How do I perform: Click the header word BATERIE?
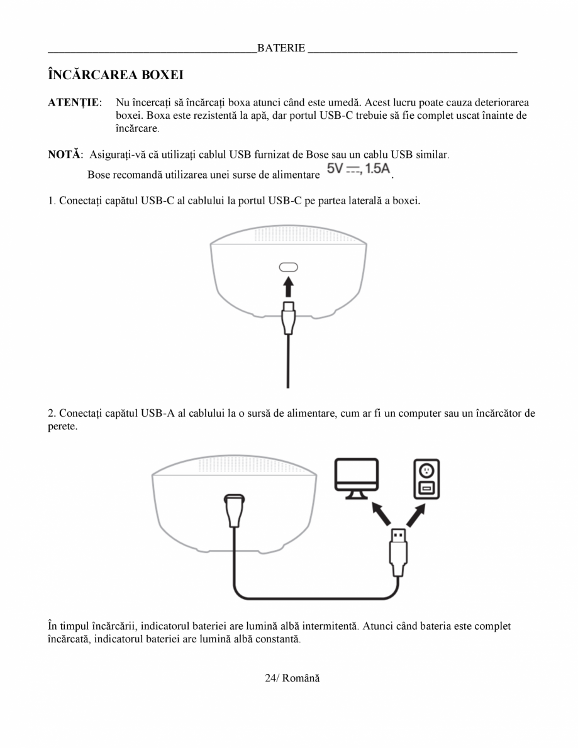pyautogui.click(x=281, y=48)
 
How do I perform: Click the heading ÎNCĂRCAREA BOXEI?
pyautogui.click(x=116, y=75)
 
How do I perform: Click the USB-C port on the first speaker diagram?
pyautogui.click(x=289, y=267)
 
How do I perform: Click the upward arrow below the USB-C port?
pyautogui.click(x=289, y=287)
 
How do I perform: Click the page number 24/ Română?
pyautogui.click(x=292, y=679)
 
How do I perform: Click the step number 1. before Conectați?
pyautogui.click(x=52, y=201)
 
